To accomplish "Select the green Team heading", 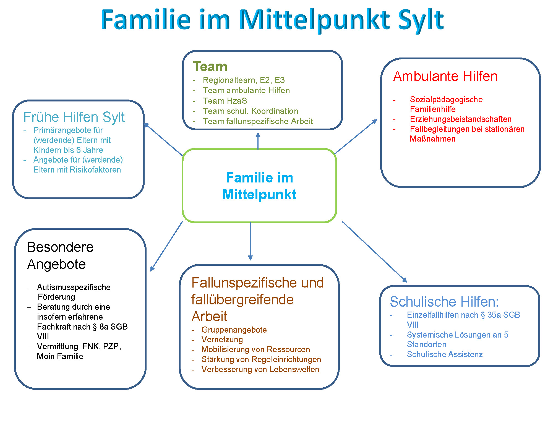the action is (x=210, y=67).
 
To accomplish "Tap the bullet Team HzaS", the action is (x=225, y=101).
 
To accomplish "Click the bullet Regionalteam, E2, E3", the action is (x=244, y=80).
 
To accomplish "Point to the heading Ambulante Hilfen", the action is (x=445, y=76).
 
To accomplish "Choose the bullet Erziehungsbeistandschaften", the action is (x=461, y=119).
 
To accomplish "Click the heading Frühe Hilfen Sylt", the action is (x=74, y=117).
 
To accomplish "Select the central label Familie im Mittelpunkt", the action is (x=259, y=186).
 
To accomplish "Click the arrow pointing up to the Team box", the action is (x=258, y=141).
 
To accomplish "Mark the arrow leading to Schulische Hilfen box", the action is (x=375, y=252).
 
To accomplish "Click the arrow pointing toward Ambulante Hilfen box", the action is (x=356, y=137).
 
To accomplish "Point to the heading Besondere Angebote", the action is (x=60, y=255).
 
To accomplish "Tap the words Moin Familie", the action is (x=60, y=356).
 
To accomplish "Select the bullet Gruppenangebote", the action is (x=234, y=330).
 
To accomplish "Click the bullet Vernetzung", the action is (x=222, y=340).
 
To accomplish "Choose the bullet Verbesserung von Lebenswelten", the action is (x=260, y=369).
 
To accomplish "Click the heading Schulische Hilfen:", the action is (x=444, y=302).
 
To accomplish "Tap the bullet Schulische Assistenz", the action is (x=445, y=354).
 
